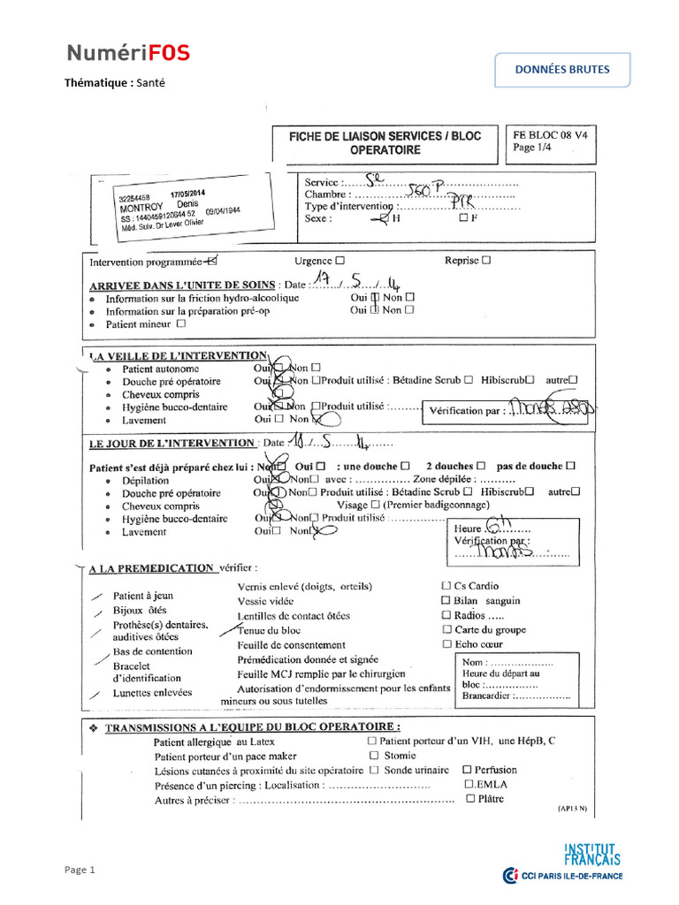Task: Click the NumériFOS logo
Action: point(127,54)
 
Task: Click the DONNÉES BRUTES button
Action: point(562,70)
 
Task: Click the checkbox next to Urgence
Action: point(340,261)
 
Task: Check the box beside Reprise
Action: point(486,261)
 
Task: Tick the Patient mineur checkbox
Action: point(181,323)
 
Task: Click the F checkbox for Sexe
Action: point(463,218)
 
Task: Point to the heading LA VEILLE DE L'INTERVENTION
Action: point(178,354)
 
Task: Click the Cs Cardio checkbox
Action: point(445,586)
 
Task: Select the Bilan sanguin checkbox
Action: point(446,600)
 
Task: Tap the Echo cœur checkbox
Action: point(446,644)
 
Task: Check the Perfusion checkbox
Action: point(467,770)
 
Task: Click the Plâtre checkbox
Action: point(470,799)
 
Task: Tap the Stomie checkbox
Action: point(374,756)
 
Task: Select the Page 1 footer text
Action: point(78,871)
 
